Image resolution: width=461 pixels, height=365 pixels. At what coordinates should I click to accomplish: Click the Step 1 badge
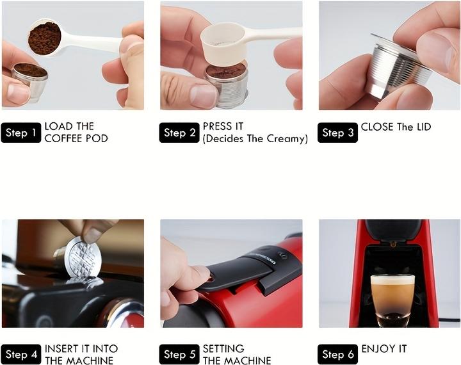click(21, 133)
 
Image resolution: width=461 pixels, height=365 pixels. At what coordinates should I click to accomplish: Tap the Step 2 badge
click(179, 133)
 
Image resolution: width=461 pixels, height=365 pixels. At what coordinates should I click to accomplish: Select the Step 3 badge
click(337, 133)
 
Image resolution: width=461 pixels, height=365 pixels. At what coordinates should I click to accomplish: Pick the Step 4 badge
click(21, 354)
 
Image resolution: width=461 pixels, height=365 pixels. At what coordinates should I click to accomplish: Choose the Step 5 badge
click(179, 354)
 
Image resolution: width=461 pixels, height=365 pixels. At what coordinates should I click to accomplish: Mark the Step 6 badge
click(337, 354)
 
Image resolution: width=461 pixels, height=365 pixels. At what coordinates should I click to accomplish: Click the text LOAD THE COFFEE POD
click(76, 132)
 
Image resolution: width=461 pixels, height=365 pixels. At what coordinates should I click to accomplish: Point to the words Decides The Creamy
click(255, 138)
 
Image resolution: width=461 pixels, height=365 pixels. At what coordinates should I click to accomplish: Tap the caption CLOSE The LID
click(396, 127)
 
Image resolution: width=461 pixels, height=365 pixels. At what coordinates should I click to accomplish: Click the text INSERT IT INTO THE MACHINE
click(81, 354)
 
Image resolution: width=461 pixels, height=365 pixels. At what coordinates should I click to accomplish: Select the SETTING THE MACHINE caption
click(236, 354)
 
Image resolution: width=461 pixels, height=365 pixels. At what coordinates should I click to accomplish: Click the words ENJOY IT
click(384, 349)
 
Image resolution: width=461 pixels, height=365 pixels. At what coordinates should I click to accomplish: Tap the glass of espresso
click(392, 298)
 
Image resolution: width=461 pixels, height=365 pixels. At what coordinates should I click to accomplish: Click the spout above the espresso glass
click(392, 243)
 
